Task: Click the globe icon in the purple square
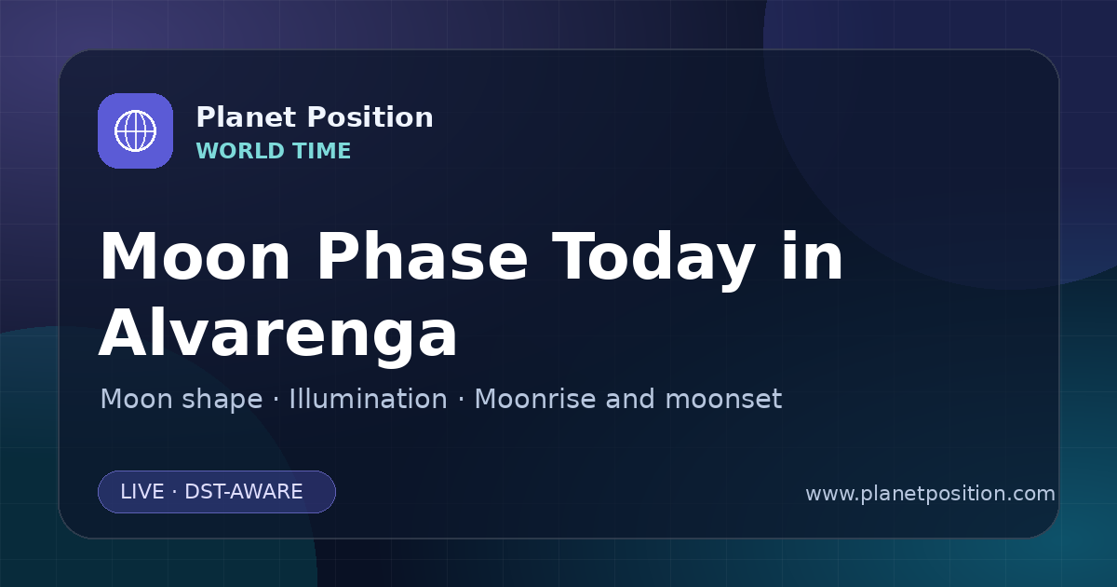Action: coord(135,130)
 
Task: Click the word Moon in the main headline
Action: coord(195,256)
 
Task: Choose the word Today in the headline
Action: coord(653,261)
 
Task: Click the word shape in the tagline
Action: coord(222,400)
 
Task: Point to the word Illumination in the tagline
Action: coord(368,399)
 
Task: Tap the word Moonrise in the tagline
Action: coord(540,399)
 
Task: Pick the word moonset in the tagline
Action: coord(723,400)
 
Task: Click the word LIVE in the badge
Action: coord(142,492)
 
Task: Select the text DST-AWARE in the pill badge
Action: coord(243,492)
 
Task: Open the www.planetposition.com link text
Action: coord(931,494)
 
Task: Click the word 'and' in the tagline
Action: coord(630,399)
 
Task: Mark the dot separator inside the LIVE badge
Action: coord(175,492)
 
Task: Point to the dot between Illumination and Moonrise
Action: coord(461,400)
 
